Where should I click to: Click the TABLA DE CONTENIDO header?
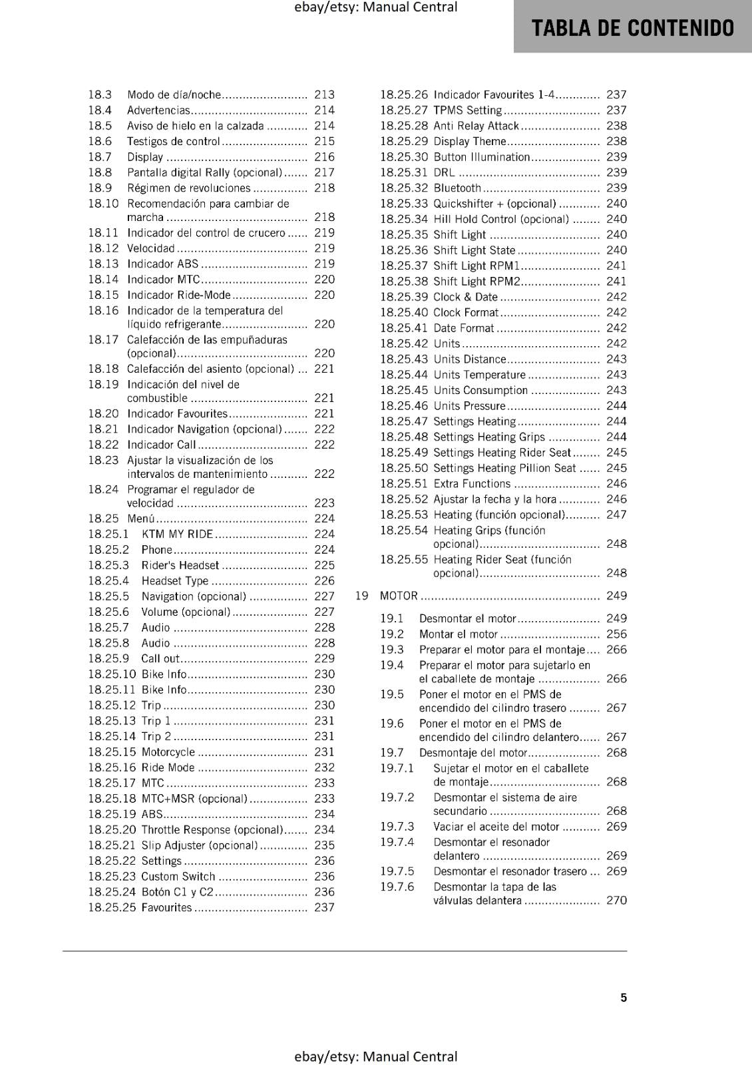pos(632,28)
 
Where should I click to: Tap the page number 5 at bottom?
pos(623,997)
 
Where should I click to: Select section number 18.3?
pos(100,95)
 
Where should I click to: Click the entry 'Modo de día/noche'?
pos(173,95)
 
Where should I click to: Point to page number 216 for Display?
pos(324,157)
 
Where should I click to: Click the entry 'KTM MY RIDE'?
pos(177,534)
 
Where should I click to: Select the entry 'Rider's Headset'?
pos(180,565)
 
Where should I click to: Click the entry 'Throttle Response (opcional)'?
pos(212,829)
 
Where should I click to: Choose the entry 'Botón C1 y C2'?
pos(177,892)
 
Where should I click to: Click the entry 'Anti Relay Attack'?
pos(476,126)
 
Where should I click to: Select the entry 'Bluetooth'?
pos(457,188)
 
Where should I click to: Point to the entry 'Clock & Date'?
pos(465,297)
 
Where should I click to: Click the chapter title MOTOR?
pos(399,596)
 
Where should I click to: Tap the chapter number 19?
pos(361,596)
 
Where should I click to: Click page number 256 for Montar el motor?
pos(616,634)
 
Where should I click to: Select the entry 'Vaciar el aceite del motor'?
pos(496,827)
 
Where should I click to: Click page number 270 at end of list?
pos(616,901)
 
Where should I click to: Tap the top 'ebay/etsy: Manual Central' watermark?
pos(375,7)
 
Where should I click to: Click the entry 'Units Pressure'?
pos(469,406)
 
